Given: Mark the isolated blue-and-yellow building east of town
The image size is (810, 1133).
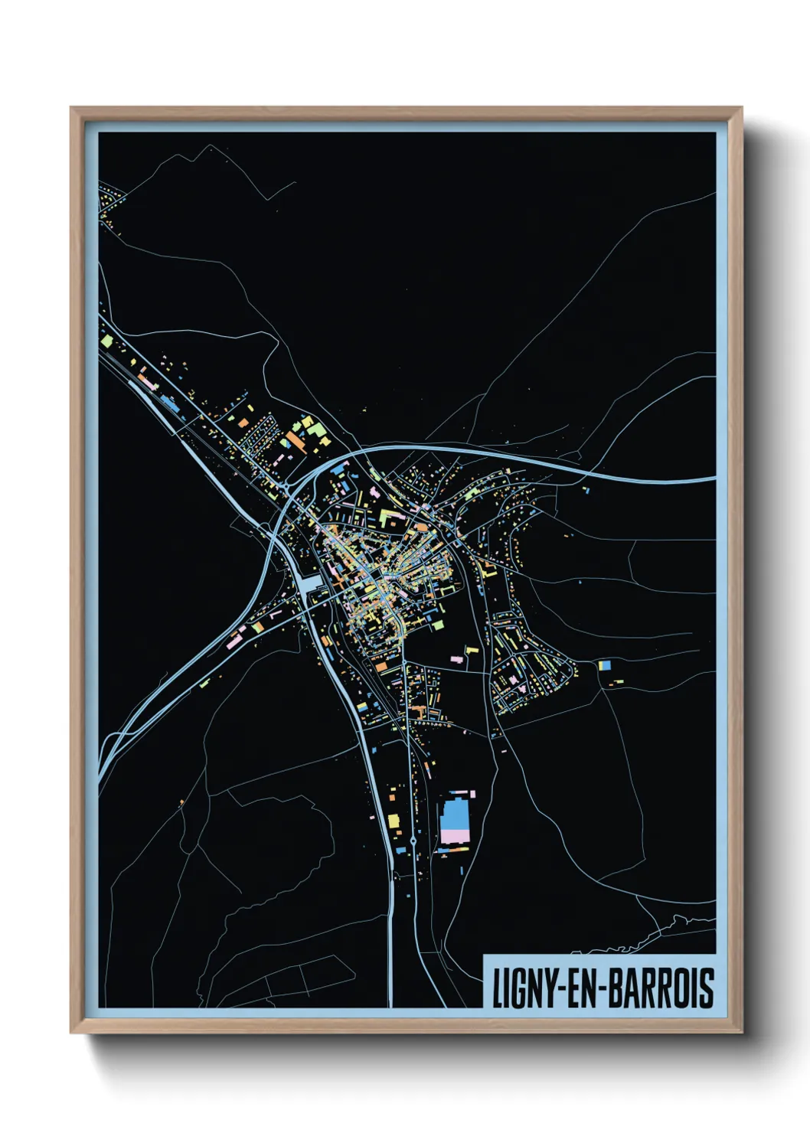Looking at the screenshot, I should click(605, 665).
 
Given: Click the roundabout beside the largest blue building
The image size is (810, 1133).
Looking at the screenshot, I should click(413, 841).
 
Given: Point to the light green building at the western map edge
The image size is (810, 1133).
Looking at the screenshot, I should click(106, 339).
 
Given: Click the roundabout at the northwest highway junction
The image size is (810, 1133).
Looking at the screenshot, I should click(286, 485).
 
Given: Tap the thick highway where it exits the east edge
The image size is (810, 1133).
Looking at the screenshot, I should click(708, 479).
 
